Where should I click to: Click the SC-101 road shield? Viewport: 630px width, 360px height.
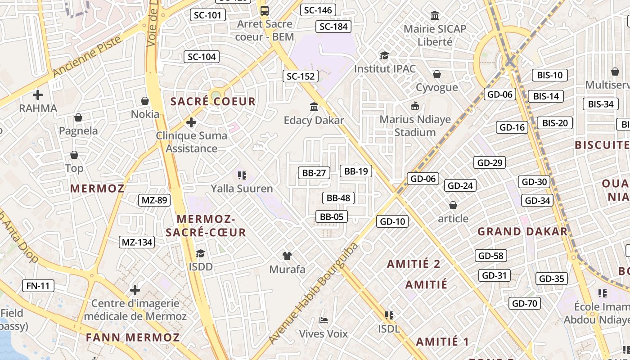pos(208,15)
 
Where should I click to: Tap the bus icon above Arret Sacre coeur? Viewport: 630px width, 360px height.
pos(265,10)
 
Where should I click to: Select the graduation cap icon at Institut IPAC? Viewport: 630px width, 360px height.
pos(384,55)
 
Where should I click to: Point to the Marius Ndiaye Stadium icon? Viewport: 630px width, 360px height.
pos(414,106)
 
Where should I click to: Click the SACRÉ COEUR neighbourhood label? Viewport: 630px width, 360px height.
pos(213,101)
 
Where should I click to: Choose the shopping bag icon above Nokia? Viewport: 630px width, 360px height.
pos(145,101)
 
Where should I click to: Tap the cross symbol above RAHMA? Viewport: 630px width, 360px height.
pos(38,95)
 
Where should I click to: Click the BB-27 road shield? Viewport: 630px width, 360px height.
pos(314,172)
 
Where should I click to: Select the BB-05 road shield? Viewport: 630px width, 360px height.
pos(332,216)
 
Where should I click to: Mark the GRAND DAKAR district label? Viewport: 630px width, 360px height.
pos(522,232)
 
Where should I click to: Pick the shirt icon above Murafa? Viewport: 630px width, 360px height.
pos(287,256)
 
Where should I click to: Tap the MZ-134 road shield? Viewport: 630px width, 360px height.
pos(137,242)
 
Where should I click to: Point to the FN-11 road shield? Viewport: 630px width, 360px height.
pos(38,285)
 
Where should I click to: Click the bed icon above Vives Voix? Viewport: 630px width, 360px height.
pos(323,320)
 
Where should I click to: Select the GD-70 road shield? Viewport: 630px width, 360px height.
pos(525,303)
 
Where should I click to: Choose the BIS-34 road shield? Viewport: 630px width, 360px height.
pos(601,104)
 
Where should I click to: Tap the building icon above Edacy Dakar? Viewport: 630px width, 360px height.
pos(314,107)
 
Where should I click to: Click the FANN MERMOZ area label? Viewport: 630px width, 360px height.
pos(133,337)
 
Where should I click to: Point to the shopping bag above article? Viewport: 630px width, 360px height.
pos(453,205)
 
